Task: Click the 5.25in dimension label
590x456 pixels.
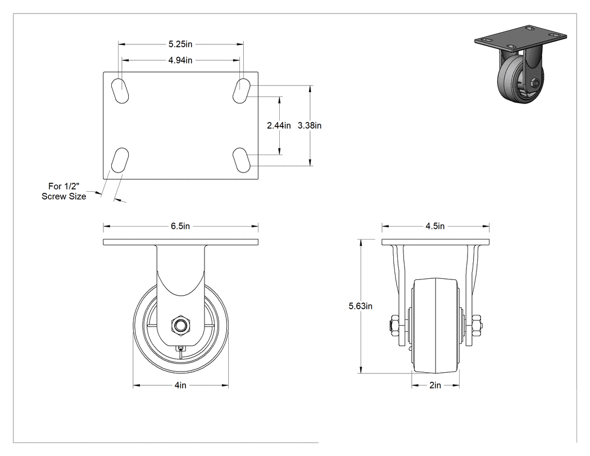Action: pyautogui.click(x=180, y=44)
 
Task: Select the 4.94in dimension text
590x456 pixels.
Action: pyautogui.click(x=180, y=60)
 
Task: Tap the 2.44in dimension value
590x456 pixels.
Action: pyautogui.click(x=279, y=125)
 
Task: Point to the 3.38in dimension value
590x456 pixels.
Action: pyautogui.click(x=310, y=125)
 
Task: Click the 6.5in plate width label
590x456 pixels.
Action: pyautogui.click(x=180, y=226)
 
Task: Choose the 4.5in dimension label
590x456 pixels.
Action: pyautogui.click(x=435, y=226)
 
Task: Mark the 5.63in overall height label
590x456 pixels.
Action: pyautogui.click(x=361, y=306)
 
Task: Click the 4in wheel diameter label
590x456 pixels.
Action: pyautogui.click(x=180, y=385)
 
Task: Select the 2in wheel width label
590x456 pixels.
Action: pyautogui.click(x=435, y=385)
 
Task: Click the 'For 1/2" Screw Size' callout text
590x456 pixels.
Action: pyautogui.click(x=63, y=191)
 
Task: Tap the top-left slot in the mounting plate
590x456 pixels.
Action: pyautogui.click(x=120, y=91)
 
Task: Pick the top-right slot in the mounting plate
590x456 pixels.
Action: pyautogui.click(x=242, y=91)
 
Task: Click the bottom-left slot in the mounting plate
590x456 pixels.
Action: pyautogui.click(x=120, y=160)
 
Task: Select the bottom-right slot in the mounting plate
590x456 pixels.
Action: pyautogui.click(x=242, y=160)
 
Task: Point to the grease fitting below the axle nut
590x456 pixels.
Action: pyautogui.click(x=181, y=348)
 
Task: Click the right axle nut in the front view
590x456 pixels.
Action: pyautogui.click(x=476, y=326)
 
